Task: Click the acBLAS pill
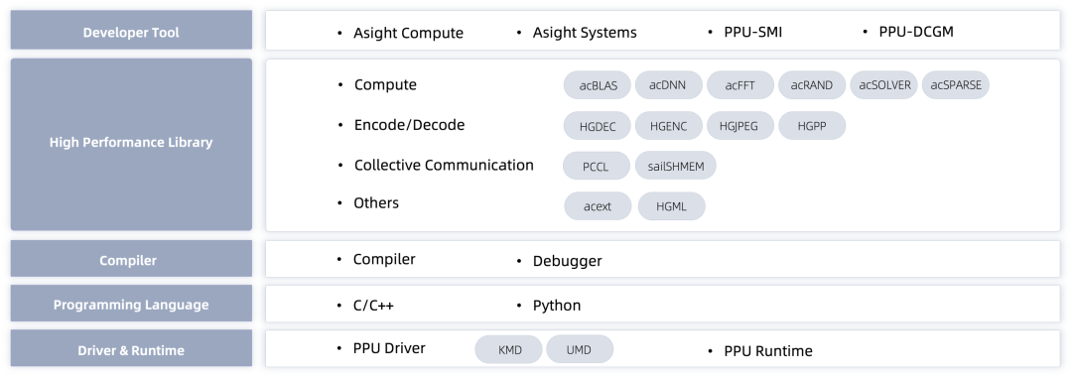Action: [x=599, y=85]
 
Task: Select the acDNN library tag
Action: [x=669, y=85]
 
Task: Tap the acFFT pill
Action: [x=740, y=85]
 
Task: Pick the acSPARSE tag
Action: [x=956, y=85]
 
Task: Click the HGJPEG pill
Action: [x=740, y=126]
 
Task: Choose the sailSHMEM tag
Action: [x=676, y=166]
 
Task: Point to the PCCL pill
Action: [x=597, y=166]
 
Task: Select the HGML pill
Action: [x=671, y=206]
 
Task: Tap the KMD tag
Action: [x=508, y=349]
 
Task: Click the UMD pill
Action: [x=580, y=349]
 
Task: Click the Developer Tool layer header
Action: [x=131, y=30]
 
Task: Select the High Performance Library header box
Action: [x=131, y=144]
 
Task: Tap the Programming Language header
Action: [x=131, y=304]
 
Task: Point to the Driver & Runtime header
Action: [x=131, y=348]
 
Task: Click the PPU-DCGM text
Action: [x=916, y=32]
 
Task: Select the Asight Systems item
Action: [x=585, y=32]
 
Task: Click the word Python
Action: [x=557, y=306]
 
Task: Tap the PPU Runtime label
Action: [x=768, y=351]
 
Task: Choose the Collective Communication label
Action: [x=444, y=166]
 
